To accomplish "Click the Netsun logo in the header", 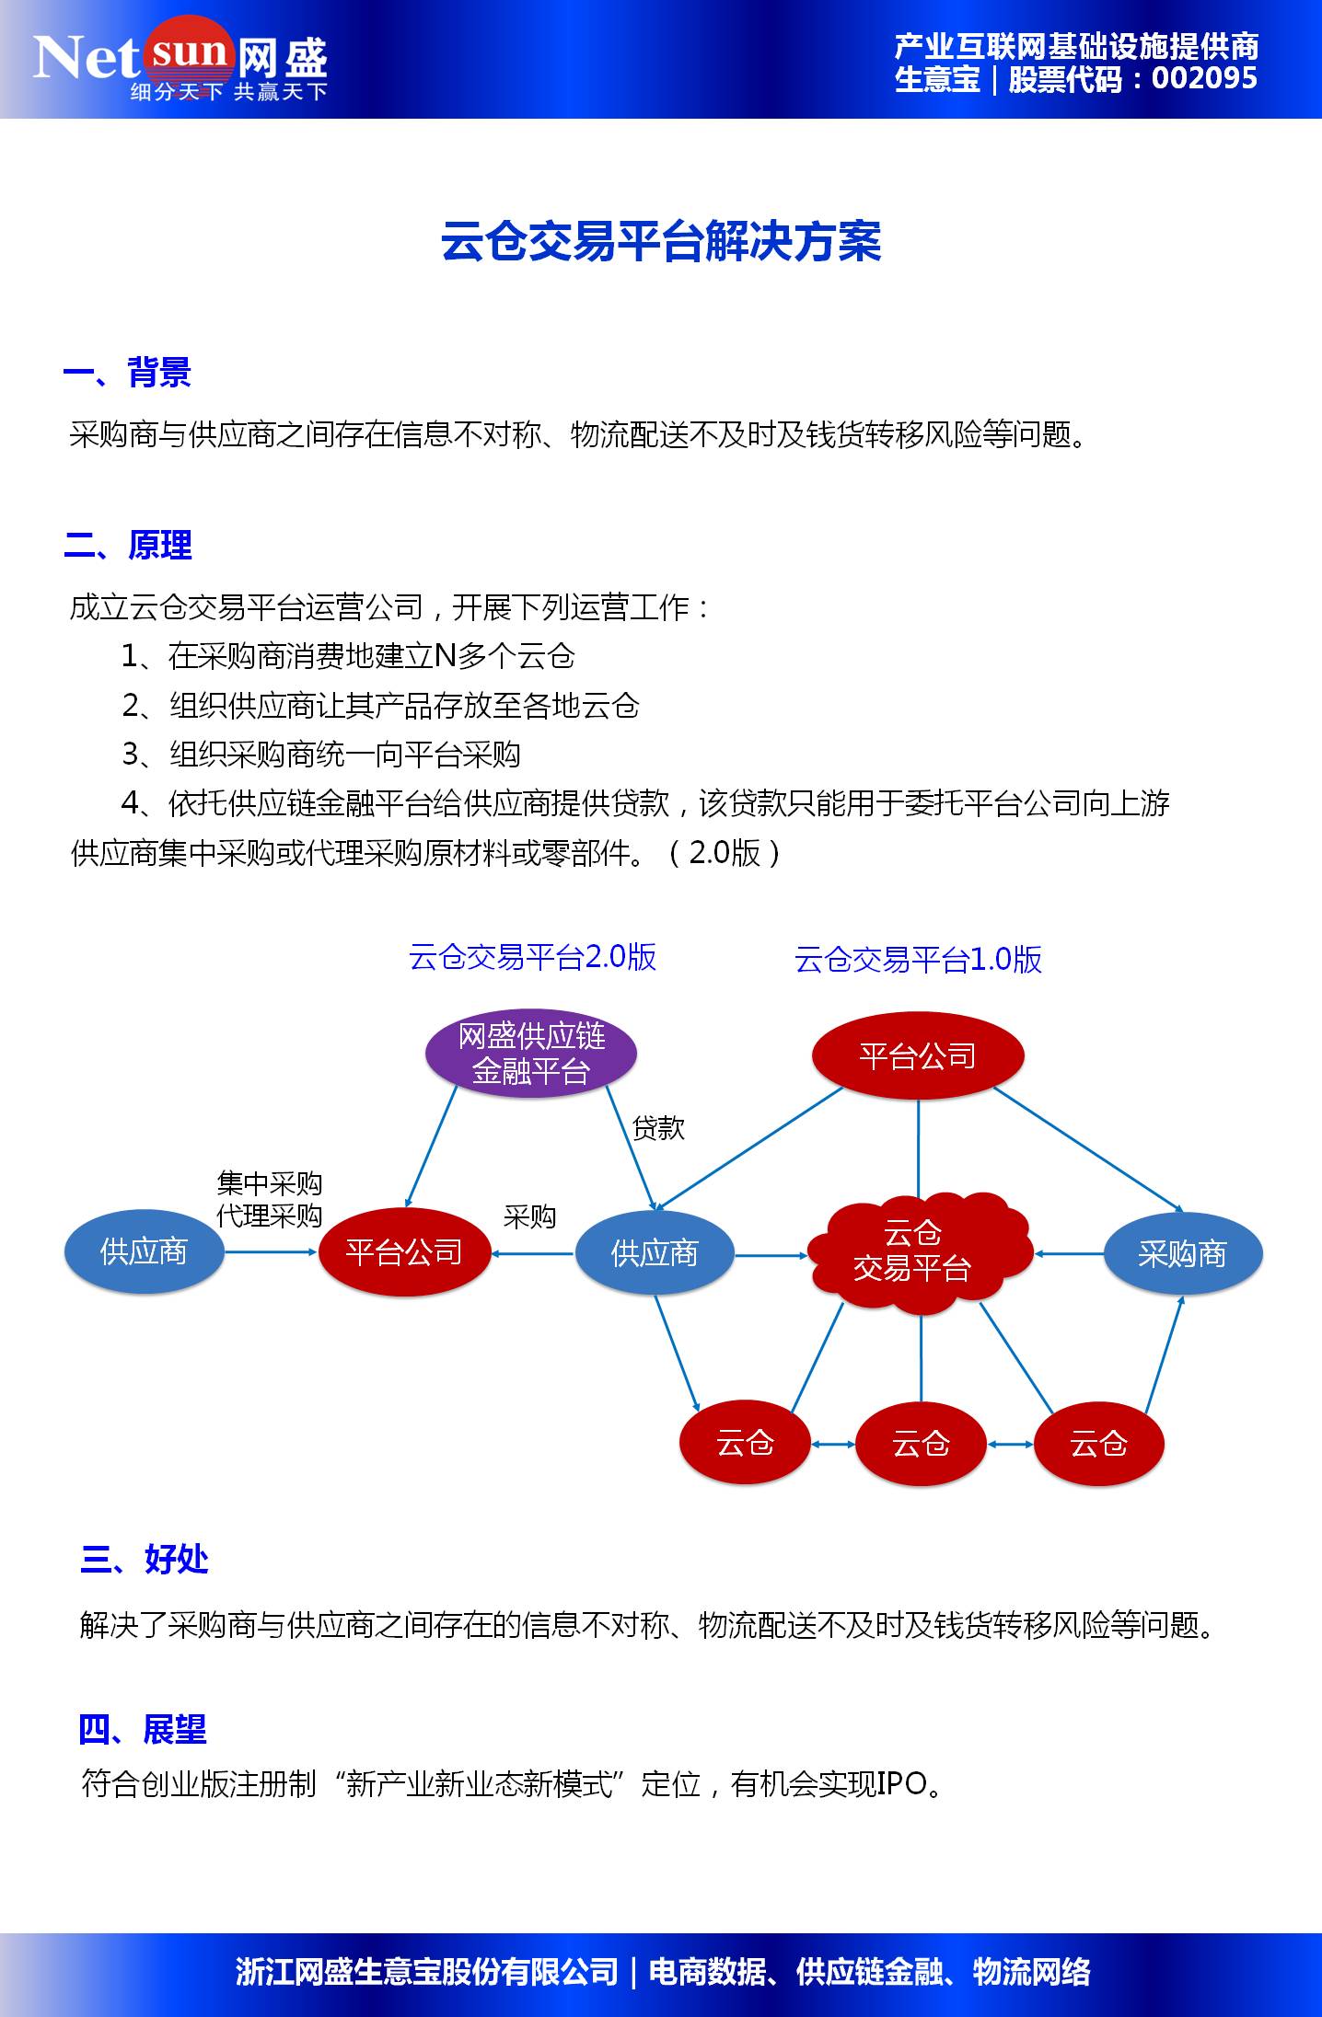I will coord(180,60).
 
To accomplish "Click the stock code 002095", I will coord(1204,79).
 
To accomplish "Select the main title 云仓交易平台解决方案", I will coord(661,243).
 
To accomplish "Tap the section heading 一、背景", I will coord(127,374).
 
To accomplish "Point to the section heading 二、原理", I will coord(128,546).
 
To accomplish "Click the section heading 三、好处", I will coord(145,1559).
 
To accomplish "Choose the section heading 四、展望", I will coord(143,1730).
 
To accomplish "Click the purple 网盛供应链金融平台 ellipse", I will coord(531,1053).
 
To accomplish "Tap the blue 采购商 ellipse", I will coord(1182,1253).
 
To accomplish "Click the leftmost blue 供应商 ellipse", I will coord(144,1251).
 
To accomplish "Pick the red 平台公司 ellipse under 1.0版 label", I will coord(917,1055).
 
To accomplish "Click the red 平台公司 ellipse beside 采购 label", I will coord(404,1251).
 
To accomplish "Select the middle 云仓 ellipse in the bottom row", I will coord(921,1443).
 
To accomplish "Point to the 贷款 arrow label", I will coord(658,1128).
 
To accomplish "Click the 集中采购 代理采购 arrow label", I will coord(269,1200).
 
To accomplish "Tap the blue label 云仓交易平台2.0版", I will coord(532,958).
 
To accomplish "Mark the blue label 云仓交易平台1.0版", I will coord(918,960).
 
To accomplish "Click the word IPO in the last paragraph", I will coord(901,1783).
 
